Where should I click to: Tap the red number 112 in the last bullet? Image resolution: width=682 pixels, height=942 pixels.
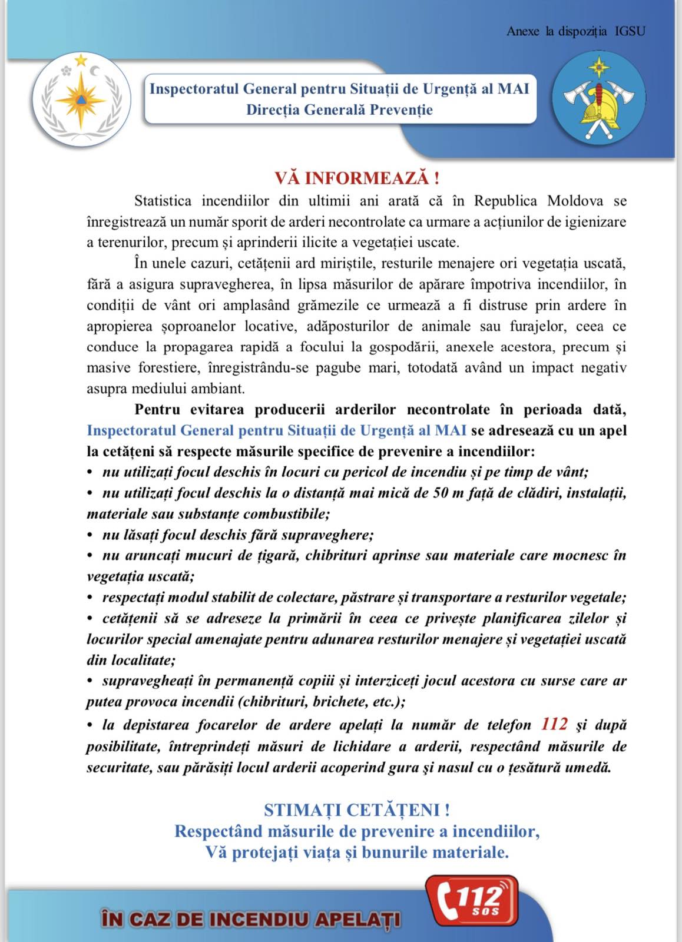click(554, 724)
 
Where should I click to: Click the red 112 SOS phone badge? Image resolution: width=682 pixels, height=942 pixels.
click(472, 900)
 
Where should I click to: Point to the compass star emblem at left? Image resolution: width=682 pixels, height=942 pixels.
click(81, 99)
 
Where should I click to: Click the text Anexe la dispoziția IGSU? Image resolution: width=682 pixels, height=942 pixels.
click(575, 31)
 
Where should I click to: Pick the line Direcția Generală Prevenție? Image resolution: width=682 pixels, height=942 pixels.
click(339, 110)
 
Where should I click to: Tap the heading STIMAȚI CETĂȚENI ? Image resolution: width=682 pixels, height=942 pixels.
click(356, 810)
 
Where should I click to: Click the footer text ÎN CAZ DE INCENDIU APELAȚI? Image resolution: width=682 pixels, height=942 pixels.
click(251, 919)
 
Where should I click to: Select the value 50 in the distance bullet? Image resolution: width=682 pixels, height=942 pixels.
click(441, 493)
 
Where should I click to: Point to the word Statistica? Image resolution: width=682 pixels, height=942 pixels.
click(163, 201)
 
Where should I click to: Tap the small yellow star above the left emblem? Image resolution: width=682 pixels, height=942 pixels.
click(81, 60)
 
